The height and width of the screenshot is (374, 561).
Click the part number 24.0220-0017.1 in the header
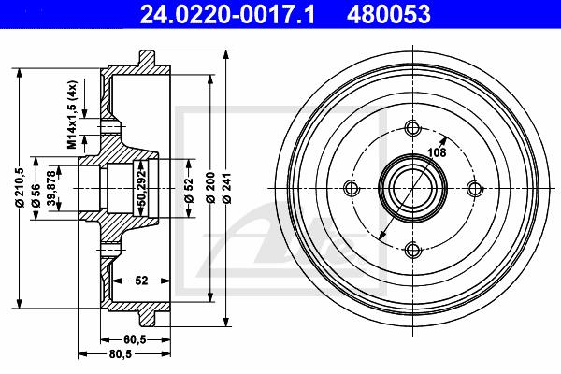(x=227, y=14)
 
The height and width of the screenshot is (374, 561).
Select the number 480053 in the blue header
(x=389, y=14)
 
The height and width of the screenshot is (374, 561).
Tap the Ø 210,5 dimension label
(x=20, y=188)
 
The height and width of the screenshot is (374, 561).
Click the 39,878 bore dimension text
(x=52, y=188)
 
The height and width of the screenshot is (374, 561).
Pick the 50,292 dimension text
(x=142, y=188)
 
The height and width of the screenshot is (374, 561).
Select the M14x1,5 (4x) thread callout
(x=73, y=114)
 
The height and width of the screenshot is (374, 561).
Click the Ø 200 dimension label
(x=210, y=188)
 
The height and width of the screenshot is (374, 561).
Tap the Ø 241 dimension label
(x=227, y=188)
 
